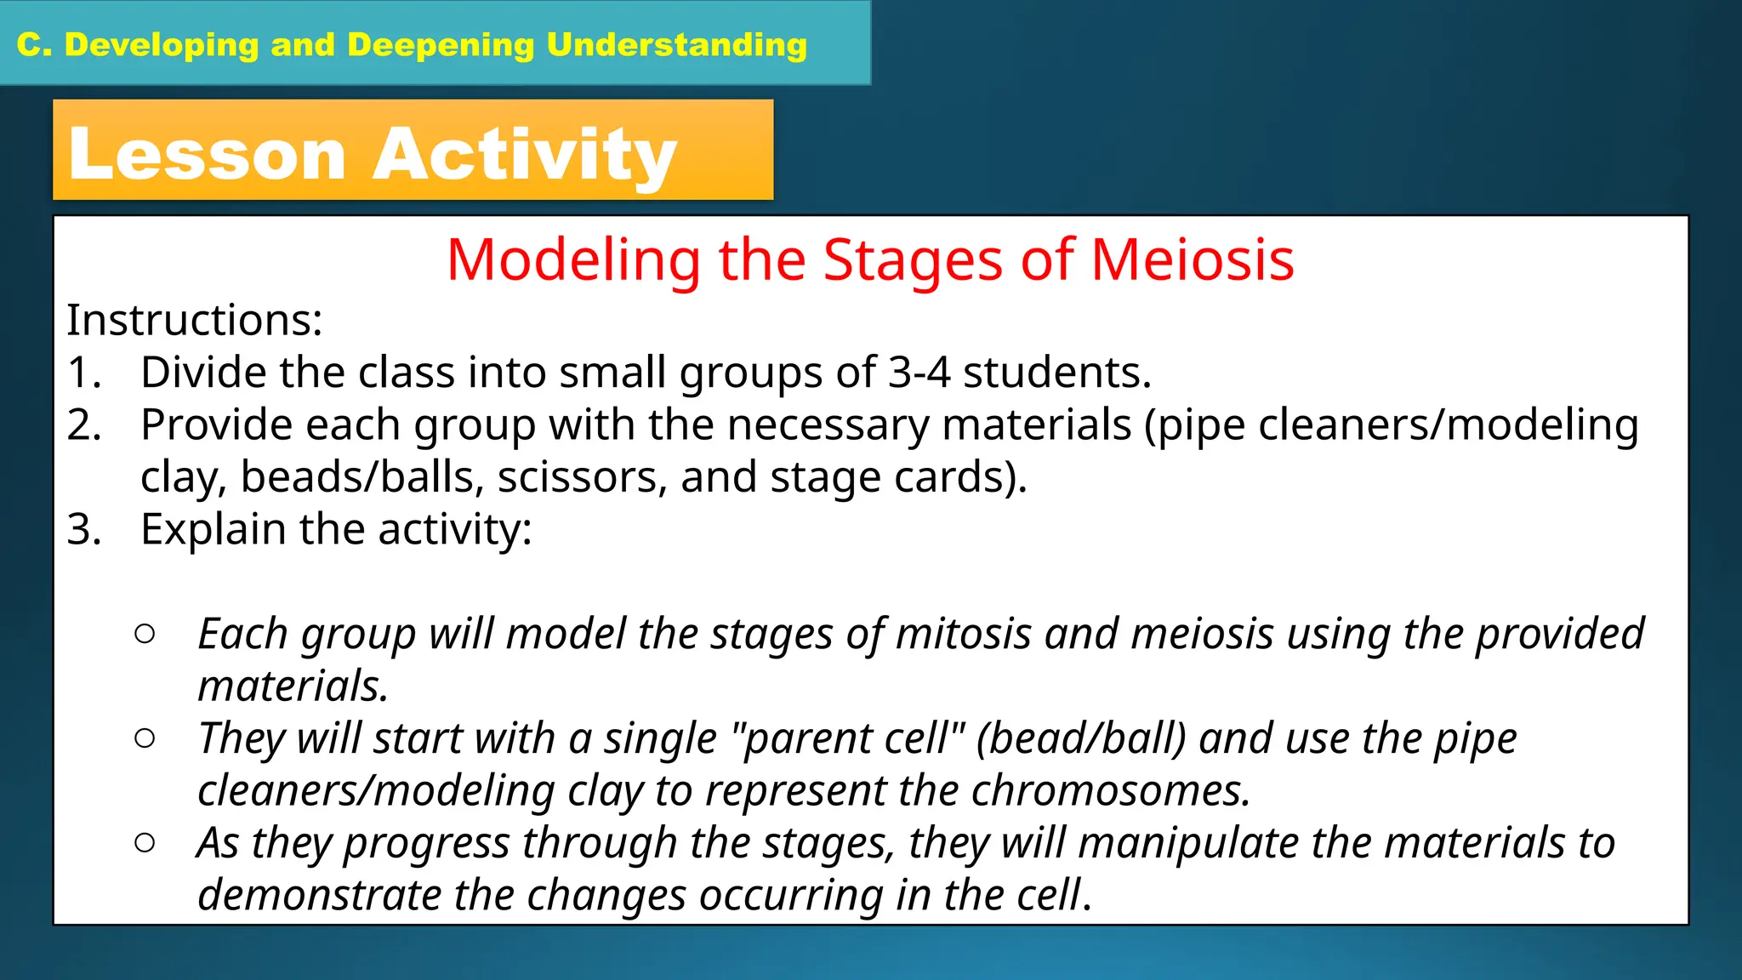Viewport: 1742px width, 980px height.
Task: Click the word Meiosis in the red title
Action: coord(1193,259)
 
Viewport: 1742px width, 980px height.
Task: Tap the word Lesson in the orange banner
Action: coord(207,155)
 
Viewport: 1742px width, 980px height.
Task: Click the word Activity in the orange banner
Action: coord(524,155)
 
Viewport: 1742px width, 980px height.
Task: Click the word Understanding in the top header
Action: coord(676,45)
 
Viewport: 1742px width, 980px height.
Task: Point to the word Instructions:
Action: coord(195,321)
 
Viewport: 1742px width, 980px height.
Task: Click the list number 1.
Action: coord(83,373)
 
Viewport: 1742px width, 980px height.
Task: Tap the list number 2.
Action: coord(83,425)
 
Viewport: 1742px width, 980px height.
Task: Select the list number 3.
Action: coord(83,530)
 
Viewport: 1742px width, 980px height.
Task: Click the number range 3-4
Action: coord(919,373)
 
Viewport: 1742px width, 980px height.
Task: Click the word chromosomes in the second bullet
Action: coord(1109,791)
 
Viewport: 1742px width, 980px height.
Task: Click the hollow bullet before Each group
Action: coord(145,634)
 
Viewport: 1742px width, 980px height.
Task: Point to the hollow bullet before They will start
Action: coord(145,738)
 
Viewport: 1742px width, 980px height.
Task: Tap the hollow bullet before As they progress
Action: coord(145,843)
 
